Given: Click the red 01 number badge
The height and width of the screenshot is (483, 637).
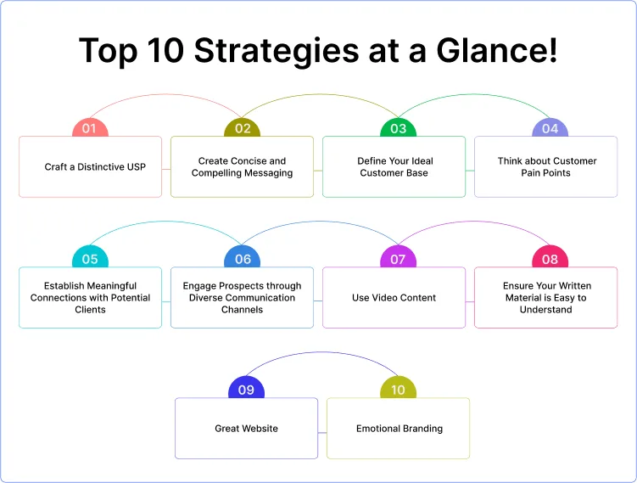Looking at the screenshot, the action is tap(90, 127).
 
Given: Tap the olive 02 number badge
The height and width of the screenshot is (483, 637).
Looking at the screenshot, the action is tap(242, 127).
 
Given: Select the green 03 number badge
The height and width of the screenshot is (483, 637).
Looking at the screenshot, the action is tap(398, 127).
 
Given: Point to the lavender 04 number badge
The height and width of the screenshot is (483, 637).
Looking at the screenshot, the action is tap(550, 127).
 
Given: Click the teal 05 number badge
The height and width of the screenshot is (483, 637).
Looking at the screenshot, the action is tap(90, 258).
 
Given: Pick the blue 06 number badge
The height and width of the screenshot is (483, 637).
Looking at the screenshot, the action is tap(242, 258).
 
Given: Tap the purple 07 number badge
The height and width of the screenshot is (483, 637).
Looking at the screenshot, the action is tap(398, 258).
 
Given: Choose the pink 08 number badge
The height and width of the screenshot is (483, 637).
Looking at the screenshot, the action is tap(550, 258).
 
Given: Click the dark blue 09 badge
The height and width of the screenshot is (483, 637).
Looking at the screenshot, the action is tap(246, 389).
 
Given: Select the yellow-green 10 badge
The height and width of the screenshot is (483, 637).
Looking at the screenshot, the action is tap(398, 389).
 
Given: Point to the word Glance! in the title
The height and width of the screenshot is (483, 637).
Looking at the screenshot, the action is tap(496, 50).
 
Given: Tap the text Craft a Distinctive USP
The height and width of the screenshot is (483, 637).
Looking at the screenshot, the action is tap(95, 166).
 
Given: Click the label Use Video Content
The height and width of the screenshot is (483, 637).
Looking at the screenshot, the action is tap(394, 298).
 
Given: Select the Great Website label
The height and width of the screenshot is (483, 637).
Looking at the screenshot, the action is tap(246, 428).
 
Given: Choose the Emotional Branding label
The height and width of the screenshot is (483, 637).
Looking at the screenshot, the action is tap(400, 429).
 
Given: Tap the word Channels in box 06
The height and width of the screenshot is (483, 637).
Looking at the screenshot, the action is tap(242, 309).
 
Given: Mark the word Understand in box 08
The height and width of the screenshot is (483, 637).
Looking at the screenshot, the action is tap(546, 309).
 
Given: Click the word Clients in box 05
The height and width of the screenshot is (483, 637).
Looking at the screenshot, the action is tap(90, 309).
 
